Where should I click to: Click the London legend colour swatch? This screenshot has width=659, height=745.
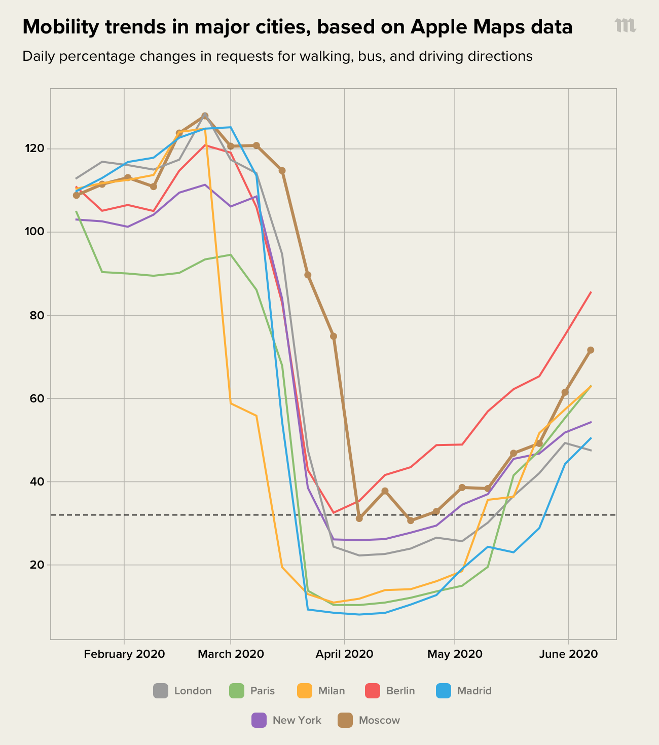pyautogui.click(x=161, y=691)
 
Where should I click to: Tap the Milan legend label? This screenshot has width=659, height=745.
pyautogui.click(x=332, y=691)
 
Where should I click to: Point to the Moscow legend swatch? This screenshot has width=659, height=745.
pyautogui.click(x=345, y=720)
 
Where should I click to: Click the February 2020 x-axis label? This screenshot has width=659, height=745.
pyautogui.click(x=124, y=654)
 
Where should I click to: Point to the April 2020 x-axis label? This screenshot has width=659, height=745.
pyautogui.click(x=344, y=654)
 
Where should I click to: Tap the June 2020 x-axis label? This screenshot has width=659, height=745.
pyautogui.click(x=568, y=654)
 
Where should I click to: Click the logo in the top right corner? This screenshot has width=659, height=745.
pyautogui.click(x=625, y=25)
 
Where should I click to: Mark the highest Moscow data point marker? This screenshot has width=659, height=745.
pyautogui.click(x=205, y=116)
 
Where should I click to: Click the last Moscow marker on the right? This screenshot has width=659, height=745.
pyautogui.click(x=591, y=350)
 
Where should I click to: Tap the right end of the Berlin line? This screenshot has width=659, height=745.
pyautogui.click(x=591, y=292)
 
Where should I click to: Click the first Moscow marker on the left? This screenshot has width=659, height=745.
pyautogui.click(x=77, y=195)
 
